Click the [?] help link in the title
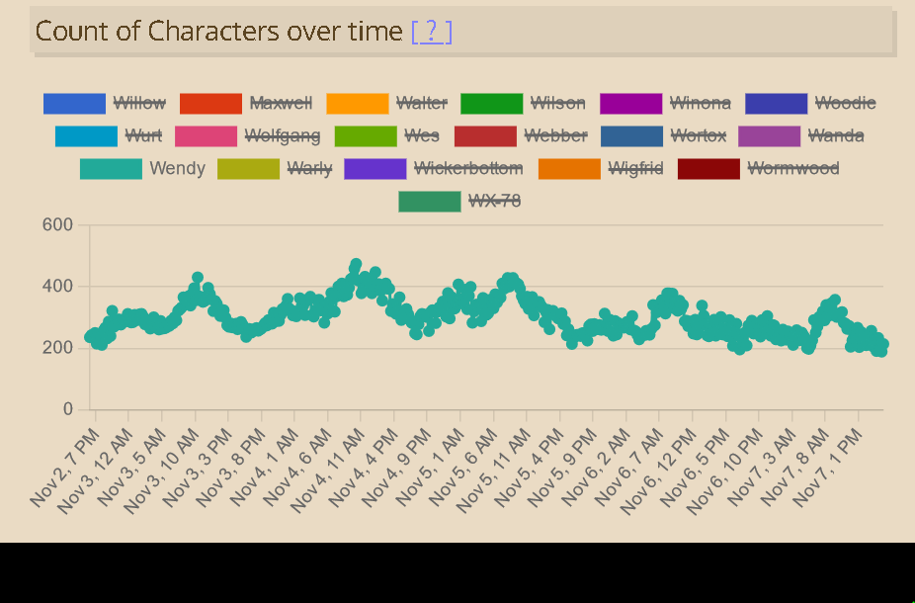(x=431, y=32)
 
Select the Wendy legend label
(x=177, y=168)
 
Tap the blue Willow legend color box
(x=74, y=103)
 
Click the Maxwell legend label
(x=281, y=103)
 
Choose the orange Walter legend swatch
(x=357, y=103)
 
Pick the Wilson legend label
(x=557, y=103)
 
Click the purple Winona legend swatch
(x=630, y=103)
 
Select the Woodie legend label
(x=845, y=103)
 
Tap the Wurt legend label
(x=143, y=135)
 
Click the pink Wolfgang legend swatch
(x=206, y=135)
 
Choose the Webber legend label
(x=555, y=135)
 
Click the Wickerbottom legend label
(x=468, y=168)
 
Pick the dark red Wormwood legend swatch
(x=708, y=168)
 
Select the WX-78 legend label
(x=494, y=201)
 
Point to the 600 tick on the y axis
(x=57, y=225)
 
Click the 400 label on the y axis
(x=57, y=287)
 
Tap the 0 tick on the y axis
(x=68, y=409)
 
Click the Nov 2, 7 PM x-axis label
(x=65, y=469)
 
